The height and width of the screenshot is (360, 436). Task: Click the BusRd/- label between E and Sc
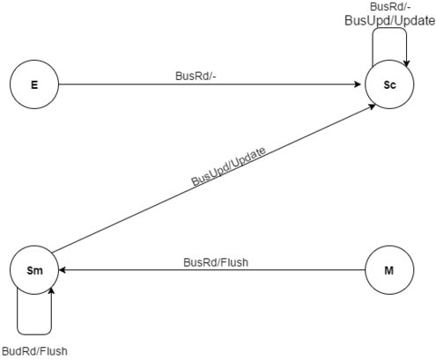point(196,76)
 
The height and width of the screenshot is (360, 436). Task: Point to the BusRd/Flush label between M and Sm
point(216,262)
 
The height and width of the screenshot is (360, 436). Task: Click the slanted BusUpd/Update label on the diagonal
point(228,166)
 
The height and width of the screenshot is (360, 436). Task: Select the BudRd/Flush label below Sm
point(34,351)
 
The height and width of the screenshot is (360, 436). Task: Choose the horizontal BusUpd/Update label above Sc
point(390,21)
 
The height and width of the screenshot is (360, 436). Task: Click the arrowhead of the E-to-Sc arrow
point(358,84)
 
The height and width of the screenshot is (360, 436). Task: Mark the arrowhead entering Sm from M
point(63,270)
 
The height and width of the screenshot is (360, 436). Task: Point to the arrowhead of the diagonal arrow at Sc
point(372,107)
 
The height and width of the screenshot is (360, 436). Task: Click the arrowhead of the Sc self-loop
point(407,63)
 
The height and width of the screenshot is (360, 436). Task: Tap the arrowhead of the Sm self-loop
point(52,291)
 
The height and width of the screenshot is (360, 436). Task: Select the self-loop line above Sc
point(390,28)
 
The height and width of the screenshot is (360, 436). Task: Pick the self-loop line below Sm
point(34,334)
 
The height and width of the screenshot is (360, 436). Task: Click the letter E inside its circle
point(34,84)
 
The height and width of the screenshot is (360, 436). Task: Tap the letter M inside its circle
point(389,270)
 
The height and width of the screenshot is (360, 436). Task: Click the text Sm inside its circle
point(34,270)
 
